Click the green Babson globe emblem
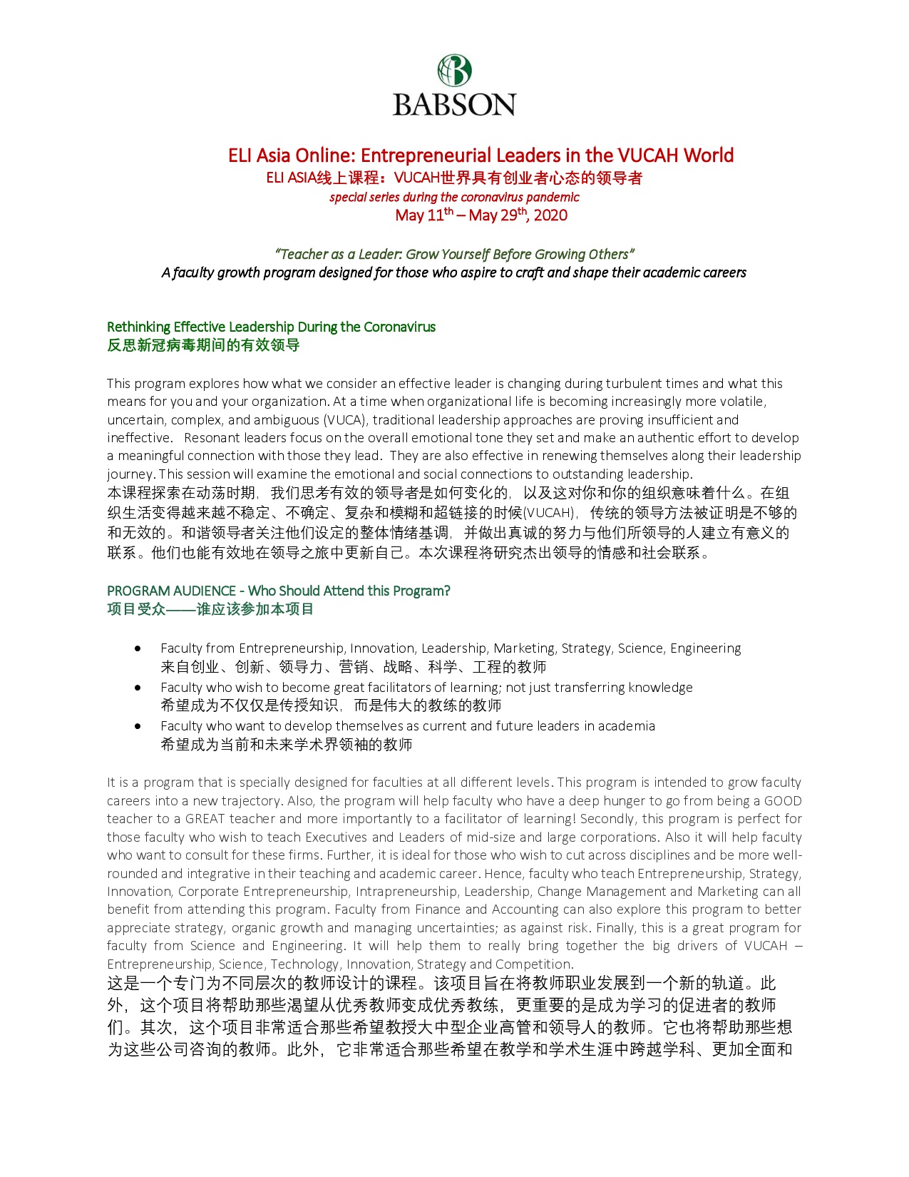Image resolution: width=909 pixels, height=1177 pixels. tap(454, 71)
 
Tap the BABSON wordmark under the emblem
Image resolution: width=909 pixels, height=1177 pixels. tap(454, 105)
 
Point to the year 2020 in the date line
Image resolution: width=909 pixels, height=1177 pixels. tap(550, 215)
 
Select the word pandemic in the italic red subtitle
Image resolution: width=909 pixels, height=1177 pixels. tap(553, 198)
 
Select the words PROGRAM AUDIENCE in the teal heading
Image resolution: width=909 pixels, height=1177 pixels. tap(171, 591)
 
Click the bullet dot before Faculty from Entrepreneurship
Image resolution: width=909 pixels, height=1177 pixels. tap(138, 648)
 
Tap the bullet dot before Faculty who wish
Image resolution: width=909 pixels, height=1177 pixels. tap(138, 688)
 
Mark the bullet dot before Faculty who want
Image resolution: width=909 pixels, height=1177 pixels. tap(138, 726)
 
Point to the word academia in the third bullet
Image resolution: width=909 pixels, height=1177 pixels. tap(627, 726)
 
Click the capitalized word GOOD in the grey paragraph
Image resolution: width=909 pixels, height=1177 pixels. tap(782, 801)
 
